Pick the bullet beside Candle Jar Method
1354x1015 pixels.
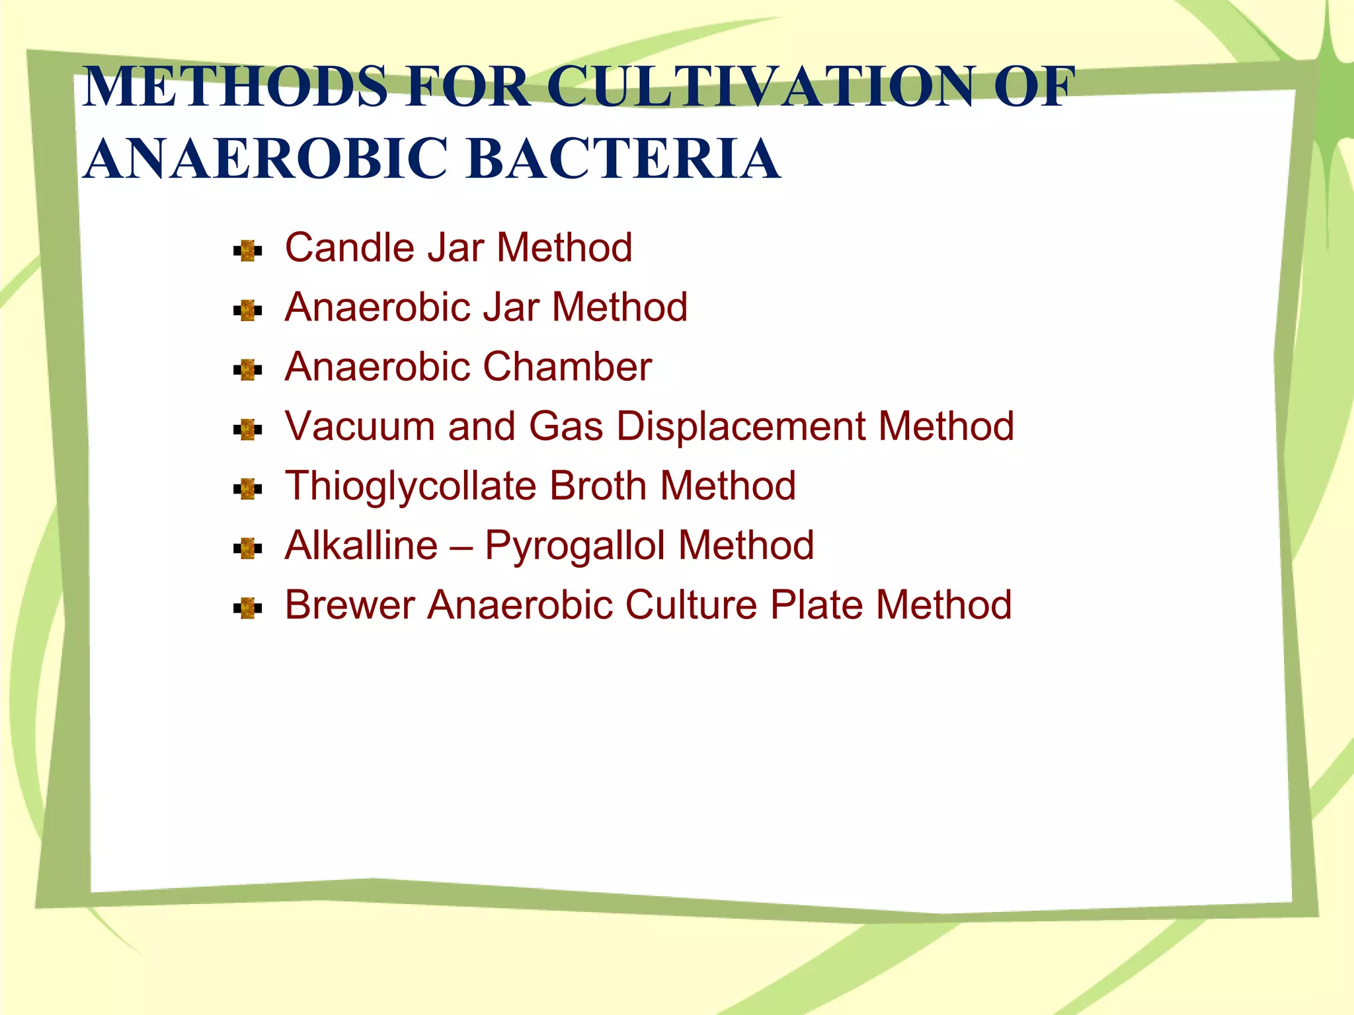[x=248, y=251]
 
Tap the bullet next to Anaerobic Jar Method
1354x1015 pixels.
[x=248, y=311]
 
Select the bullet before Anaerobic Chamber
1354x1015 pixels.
[x=248, y=370]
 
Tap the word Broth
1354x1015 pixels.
[x=598, y=486]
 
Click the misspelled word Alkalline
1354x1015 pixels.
[x=361, y=546]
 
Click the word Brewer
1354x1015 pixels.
[x=350, y=605]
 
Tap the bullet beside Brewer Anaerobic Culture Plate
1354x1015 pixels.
[x=248, y=608]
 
